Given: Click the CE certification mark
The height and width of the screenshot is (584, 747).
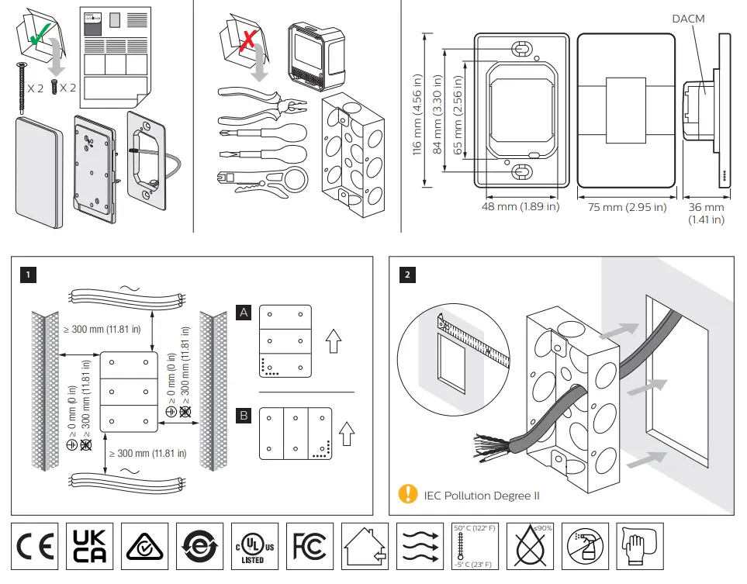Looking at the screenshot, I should tap(36, 548).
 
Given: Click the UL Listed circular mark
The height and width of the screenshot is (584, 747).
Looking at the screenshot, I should tap(254, 548).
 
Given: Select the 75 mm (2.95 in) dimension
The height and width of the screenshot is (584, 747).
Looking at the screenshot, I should tap(628, 207).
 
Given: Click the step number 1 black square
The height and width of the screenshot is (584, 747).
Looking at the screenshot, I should tap(28, 275).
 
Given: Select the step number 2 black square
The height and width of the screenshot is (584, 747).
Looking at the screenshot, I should tap(408, 275).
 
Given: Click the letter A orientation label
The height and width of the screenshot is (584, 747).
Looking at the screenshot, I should tap(244, 313).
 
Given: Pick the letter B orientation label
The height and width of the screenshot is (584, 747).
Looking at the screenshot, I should tap(244, 417).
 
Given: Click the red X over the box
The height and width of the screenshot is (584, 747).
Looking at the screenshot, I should tap(247, 35).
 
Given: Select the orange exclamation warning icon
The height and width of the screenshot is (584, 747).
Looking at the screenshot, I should tap(406, 493).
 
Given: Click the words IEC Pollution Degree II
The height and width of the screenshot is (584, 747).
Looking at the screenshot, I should tap(481, 495).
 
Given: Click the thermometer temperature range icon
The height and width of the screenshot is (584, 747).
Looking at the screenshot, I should tap(472, 548).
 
